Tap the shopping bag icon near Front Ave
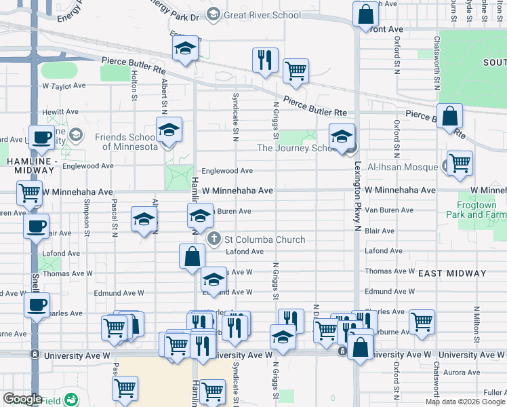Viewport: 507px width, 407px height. click(x=365, y=14)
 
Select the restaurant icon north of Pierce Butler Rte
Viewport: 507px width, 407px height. click(x=265, y=59)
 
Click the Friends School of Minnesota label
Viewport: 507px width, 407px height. click(x=126, y=142)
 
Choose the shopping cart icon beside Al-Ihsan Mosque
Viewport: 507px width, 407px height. click(x=460, y=163)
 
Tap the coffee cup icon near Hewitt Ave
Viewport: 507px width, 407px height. click(x=41, y=137)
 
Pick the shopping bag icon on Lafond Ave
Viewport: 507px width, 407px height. click(x=192, y=256)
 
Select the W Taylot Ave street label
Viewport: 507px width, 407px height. click(x=64, y=86)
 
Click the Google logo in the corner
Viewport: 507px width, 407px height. click(x=22, y=399)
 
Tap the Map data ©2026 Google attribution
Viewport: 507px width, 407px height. click(x=464, y=402)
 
